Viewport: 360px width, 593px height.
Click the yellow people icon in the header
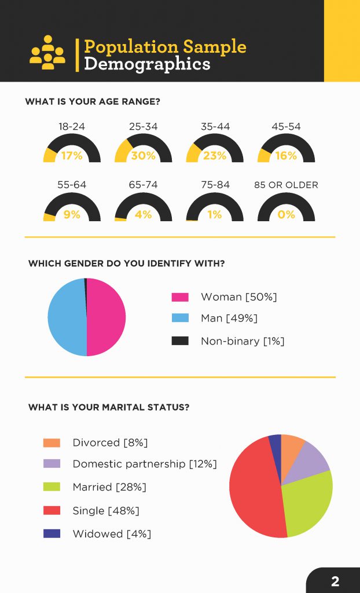click(47, 53)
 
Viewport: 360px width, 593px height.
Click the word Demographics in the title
click(147, 64)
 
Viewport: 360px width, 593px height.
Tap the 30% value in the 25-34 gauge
click(143, 155)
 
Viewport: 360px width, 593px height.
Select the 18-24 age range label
click(72, 126)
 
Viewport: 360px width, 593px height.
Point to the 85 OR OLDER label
click(286, 185)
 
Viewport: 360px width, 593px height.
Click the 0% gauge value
click(286, 214)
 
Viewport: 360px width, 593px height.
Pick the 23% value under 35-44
click(215, 155)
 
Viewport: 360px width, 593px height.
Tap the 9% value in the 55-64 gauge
click(72, 214)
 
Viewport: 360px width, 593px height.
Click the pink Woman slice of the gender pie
click(106, 317)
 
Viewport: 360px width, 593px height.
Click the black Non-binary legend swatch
click(180, 341)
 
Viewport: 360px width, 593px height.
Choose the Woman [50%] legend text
click(238, 297)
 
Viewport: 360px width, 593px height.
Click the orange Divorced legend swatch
click(52, 443)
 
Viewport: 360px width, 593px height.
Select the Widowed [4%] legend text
click(112, 534)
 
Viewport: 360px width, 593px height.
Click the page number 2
click(335, 581)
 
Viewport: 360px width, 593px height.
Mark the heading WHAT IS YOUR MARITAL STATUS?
click(109, 407)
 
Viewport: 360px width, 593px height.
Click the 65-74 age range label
click(143, 185)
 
